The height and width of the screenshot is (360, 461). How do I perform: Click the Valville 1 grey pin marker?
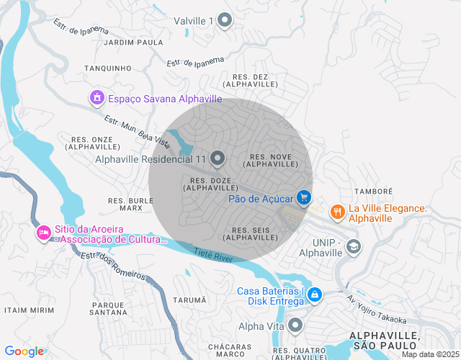pyautogui.click(x=225, y=20)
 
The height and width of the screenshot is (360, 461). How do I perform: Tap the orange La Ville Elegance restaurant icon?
pyautogui.click(x=336, y=212)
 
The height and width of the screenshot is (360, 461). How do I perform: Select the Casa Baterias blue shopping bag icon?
pyautogui.click(x=315, y=295)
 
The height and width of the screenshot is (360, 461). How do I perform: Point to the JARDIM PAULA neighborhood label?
pyautogui.click(x=134, y=42)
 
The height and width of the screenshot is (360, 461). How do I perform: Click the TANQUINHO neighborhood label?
pyautogui.click(x=107, y=68)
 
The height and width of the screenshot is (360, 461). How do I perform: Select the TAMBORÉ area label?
pyautogui.click(x=373, y=192)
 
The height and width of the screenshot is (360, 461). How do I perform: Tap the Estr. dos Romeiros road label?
pyautogui.click(x=113, y=265)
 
